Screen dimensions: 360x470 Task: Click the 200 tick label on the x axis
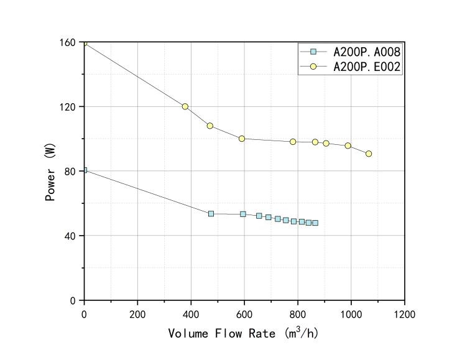[137, 313]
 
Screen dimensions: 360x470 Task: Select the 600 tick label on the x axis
[244, 313]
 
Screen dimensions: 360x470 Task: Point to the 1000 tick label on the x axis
[351, 313]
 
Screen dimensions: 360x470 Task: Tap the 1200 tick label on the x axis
[405, 313]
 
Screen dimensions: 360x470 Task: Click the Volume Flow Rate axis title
[244, 333]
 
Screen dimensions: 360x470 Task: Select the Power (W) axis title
[51, 172]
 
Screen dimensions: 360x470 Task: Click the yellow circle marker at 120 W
[185, 106]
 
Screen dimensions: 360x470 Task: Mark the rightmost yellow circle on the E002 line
[369, 154]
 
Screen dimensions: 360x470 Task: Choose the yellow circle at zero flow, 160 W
[85, 42]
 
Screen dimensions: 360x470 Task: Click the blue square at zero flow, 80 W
[85, 170]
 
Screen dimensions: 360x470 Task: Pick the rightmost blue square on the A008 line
[315, 223]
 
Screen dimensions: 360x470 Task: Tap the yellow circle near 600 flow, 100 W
[242, 139]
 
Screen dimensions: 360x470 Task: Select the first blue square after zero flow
[211, 213]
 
